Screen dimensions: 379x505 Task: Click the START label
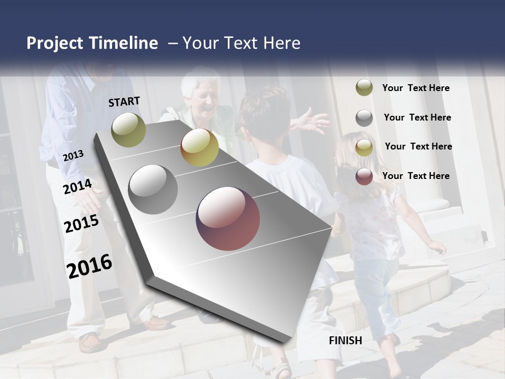[124, 102]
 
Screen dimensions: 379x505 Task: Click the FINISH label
[346, 341]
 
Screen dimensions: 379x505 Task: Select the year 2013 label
[73, 155]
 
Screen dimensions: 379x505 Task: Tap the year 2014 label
[77, 186]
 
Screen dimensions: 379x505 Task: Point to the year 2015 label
[82, 224]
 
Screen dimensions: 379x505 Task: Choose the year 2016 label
[89, 266]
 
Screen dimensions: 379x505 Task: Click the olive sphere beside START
[128, 129]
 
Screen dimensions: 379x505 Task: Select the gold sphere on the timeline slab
[199, 147]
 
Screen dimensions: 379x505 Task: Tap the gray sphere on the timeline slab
[153, 189]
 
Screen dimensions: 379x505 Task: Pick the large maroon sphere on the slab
[228, 218]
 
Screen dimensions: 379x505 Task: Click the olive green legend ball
[364, 88]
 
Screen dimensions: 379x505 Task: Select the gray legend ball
[364, 118]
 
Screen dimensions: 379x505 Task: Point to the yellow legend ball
[364, 147]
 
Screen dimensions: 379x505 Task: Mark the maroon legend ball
[364, 176]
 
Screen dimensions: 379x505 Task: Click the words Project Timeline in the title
[92, 43]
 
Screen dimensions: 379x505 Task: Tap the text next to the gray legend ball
[417, 117]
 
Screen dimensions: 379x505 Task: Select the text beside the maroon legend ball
[416, 176]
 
